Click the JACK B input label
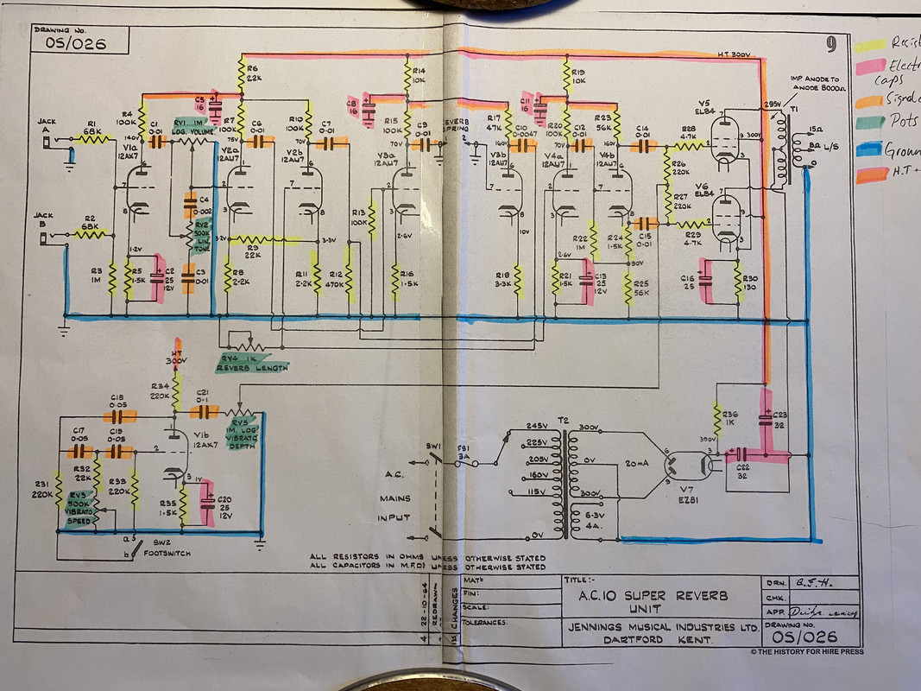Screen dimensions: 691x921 click(43, 219)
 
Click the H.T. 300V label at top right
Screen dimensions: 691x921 click(736, 54)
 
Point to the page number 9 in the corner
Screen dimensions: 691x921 click(830, 44)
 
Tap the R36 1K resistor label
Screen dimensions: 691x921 click(729, 419)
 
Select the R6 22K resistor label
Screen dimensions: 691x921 click(253, 73)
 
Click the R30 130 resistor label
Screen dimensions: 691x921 click(749, 284)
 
